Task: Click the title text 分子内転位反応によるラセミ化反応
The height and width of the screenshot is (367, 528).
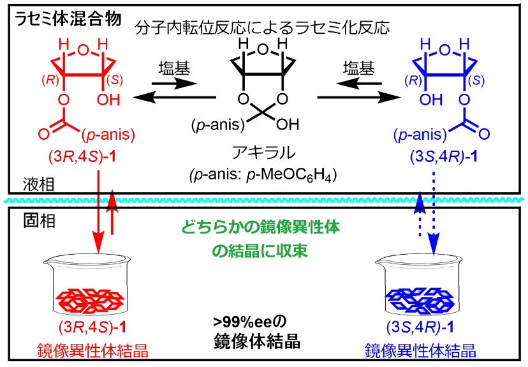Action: (263, 27)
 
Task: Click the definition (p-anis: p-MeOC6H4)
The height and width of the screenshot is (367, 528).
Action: (263, 174)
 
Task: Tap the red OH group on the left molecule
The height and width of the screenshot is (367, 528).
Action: (107, 100)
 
